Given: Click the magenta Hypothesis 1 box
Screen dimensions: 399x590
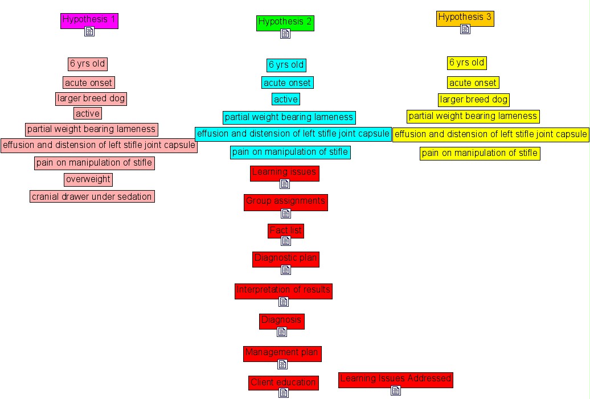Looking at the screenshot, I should (x=89, y=20).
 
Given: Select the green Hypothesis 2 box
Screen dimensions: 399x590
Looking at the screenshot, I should (x=285, y=22).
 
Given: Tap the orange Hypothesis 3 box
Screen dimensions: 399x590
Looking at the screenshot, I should (x=465, y=18).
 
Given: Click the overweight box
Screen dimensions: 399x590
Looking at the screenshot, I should (x=88, y=180).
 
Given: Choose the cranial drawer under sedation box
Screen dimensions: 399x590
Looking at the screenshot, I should (x=92, y=197).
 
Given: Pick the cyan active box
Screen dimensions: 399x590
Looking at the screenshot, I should (x=285, y=100).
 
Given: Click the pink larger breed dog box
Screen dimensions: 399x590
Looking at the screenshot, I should (x=91, y=98).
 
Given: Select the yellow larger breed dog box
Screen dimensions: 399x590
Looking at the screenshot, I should (x=473, y=100).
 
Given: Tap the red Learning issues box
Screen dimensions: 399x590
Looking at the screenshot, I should (x=284, y=172).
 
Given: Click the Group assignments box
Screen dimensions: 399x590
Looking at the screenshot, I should (x=285, y=201).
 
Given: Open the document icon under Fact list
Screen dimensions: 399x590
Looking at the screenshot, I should (x=286, y=241).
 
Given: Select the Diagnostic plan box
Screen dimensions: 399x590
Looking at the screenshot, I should (x=285, y=258).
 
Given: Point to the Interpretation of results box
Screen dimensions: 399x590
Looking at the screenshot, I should (x=283, y=290).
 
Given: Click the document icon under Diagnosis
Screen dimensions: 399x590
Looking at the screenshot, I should (x=281, y=332).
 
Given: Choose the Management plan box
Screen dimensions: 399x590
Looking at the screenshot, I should (x=282, y=353).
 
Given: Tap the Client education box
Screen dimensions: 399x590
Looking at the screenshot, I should (x=283, y=382).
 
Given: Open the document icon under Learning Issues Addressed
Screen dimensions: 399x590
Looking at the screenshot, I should (x=396, y=390).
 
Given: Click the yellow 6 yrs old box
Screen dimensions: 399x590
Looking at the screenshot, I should (x=466, y=63).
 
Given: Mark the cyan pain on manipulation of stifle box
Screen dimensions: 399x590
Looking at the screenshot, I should (x=290, y=153).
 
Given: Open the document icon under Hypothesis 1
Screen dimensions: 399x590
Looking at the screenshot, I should (x=89, y=31).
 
